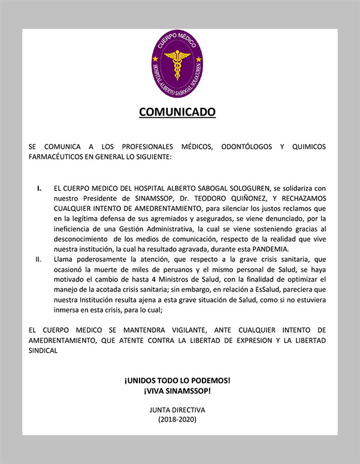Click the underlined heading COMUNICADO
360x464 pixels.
coord(177,112)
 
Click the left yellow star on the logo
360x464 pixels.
coord(155,58)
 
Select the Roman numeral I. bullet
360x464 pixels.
coord(39,188)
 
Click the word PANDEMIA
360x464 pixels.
coord(289,249)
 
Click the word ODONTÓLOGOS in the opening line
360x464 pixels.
coord(242,147)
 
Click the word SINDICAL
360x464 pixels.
coord(43,351)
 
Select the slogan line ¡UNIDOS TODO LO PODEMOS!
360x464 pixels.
coord(177,381)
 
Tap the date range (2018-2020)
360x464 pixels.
coord(177,420)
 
